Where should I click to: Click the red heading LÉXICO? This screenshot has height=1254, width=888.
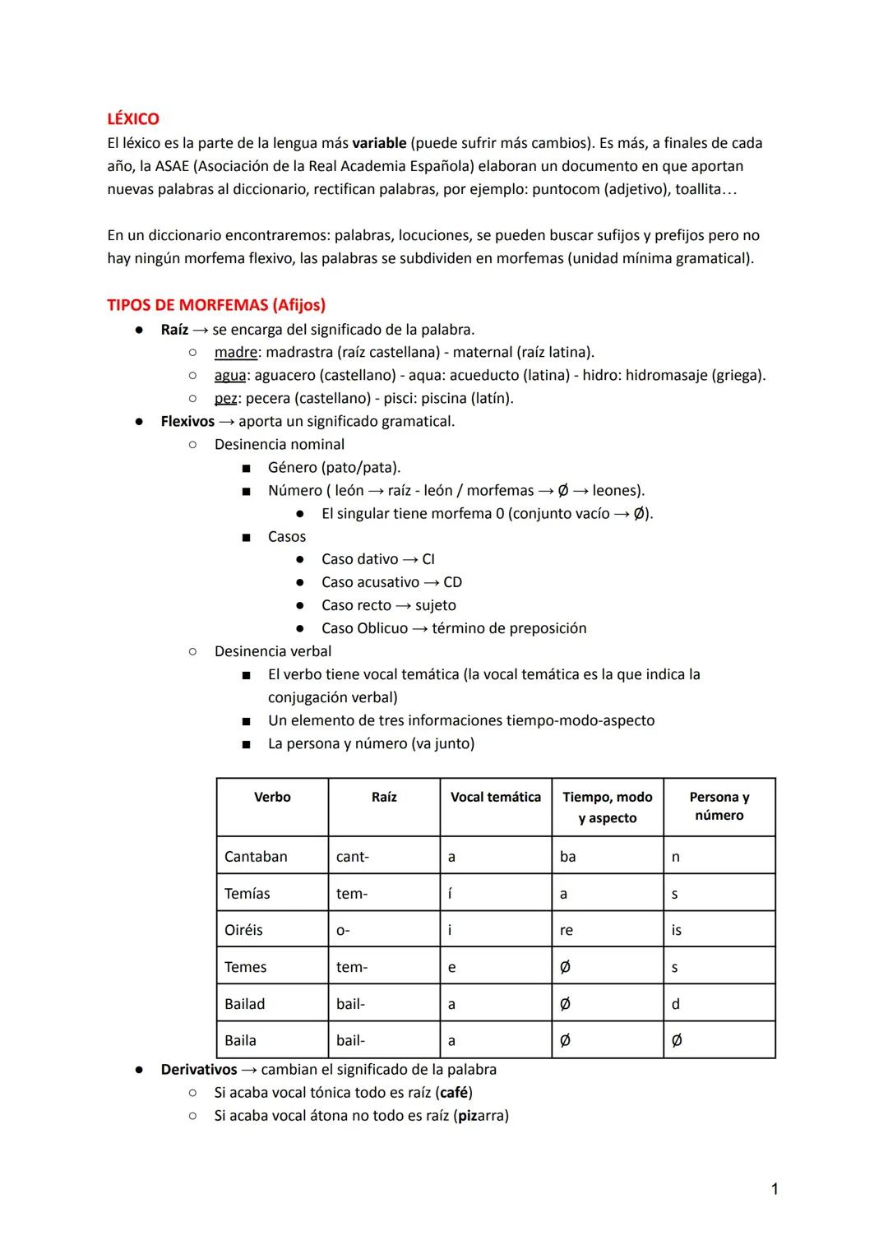tap(133, 119)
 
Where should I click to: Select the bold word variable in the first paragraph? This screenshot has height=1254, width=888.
tap(379, 143)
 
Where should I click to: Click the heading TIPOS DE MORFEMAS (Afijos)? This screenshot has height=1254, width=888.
tap(216, 305)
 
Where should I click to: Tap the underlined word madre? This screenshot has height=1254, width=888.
tap(236, 353)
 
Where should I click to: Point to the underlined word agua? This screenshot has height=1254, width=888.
tap(230, 376)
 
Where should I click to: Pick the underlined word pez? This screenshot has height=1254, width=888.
tap(226, 399)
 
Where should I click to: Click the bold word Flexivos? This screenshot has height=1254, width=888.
tap(187, 422)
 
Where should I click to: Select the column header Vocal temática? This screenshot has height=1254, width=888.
tap(496, 798)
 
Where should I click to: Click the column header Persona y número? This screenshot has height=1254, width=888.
tap(719, 807)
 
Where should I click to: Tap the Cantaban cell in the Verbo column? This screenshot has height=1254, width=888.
tap(256, 857)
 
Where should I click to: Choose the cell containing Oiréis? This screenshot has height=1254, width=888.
tap(243, 930)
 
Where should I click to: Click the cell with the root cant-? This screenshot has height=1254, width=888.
tap(353, 857)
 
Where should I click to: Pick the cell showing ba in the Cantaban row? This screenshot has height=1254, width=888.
tap(568, 857)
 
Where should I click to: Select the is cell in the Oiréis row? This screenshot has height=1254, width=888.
tap(677, 930)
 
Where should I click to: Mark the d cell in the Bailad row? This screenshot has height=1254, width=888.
tap(676, 1004)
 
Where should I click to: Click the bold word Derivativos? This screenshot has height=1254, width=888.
tap(198, 1070)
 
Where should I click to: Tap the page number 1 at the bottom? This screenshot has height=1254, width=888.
tap(775, 1189)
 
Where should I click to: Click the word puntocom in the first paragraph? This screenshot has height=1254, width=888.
tap(566, 189)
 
